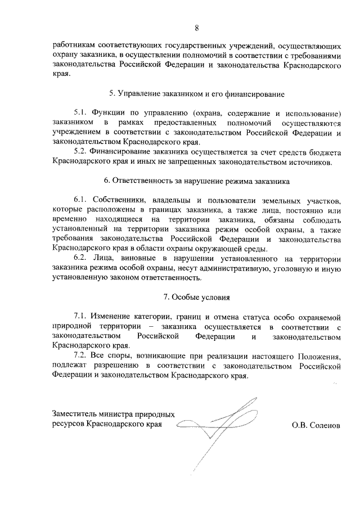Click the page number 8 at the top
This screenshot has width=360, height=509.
[197, 27]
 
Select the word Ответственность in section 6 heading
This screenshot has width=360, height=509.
[147, 182]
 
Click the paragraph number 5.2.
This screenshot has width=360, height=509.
[81, 152]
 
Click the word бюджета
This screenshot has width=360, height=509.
[323, 152]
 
